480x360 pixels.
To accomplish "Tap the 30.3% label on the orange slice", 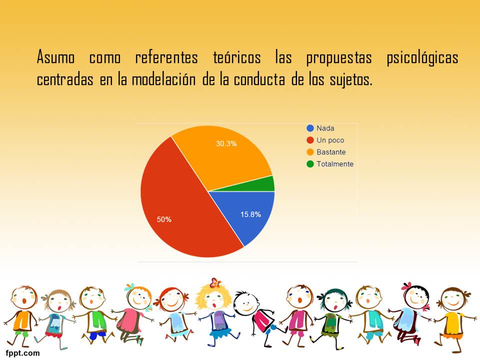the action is point(226,143).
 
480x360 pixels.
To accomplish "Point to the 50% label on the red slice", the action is point(164,219).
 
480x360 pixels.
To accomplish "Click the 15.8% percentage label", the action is point(250,214).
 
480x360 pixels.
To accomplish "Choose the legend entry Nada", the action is point(320,128).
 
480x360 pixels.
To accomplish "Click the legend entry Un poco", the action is point(325,140).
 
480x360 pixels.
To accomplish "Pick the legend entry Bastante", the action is point(326,152).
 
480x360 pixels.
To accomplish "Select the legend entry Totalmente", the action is point(330,164).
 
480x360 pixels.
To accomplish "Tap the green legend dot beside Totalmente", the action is point(310,164).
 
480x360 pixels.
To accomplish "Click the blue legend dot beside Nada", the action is point(310,128).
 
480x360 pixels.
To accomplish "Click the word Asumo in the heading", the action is point(55,57).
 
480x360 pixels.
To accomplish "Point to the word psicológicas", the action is point(422,58).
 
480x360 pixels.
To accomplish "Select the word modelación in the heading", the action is point(163,79).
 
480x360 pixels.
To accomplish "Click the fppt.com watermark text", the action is point(22,353).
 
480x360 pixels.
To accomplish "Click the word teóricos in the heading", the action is point(237,57).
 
